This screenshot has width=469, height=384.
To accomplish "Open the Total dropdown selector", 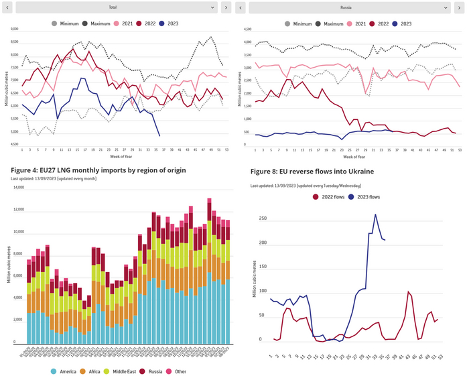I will click(x=117, y=7).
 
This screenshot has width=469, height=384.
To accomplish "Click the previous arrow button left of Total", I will click(x=7, y=7).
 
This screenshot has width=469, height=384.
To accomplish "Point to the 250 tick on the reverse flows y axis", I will click(x=263, y=218).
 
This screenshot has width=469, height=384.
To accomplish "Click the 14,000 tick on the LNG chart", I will click(x=17, y=188).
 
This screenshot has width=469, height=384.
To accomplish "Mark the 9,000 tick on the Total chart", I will click(x=14, y=29).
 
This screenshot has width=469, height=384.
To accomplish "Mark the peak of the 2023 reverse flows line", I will click(x=375, y=214).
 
